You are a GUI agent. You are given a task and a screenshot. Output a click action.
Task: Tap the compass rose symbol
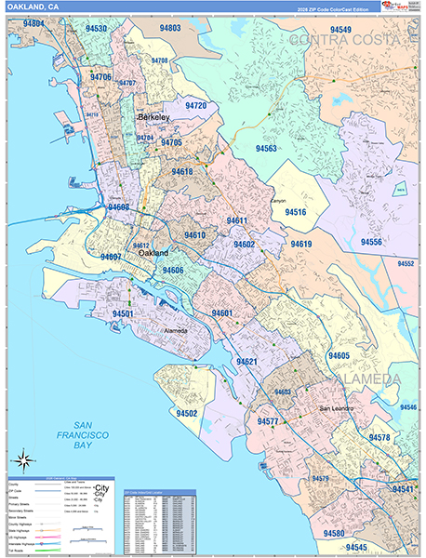click(24, 460)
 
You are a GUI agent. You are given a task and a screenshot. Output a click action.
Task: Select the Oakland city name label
click(153, 252)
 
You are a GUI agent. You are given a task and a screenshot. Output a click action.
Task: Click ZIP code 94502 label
click(187, 412)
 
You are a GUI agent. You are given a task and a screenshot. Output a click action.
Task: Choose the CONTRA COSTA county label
click(353, 40)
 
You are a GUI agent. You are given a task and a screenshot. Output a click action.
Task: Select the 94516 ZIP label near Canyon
click(296, 212)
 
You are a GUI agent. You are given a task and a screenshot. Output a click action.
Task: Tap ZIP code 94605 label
click(339, 356)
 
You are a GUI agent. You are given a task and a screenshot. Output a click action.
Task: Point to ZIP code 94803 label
click(170, 29)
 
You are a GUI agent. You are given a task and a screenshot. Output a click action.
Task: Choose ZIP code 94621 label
click(246, 361)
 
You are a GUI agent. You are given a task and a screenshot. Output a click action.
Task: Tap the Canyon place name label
click(278, 200)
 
